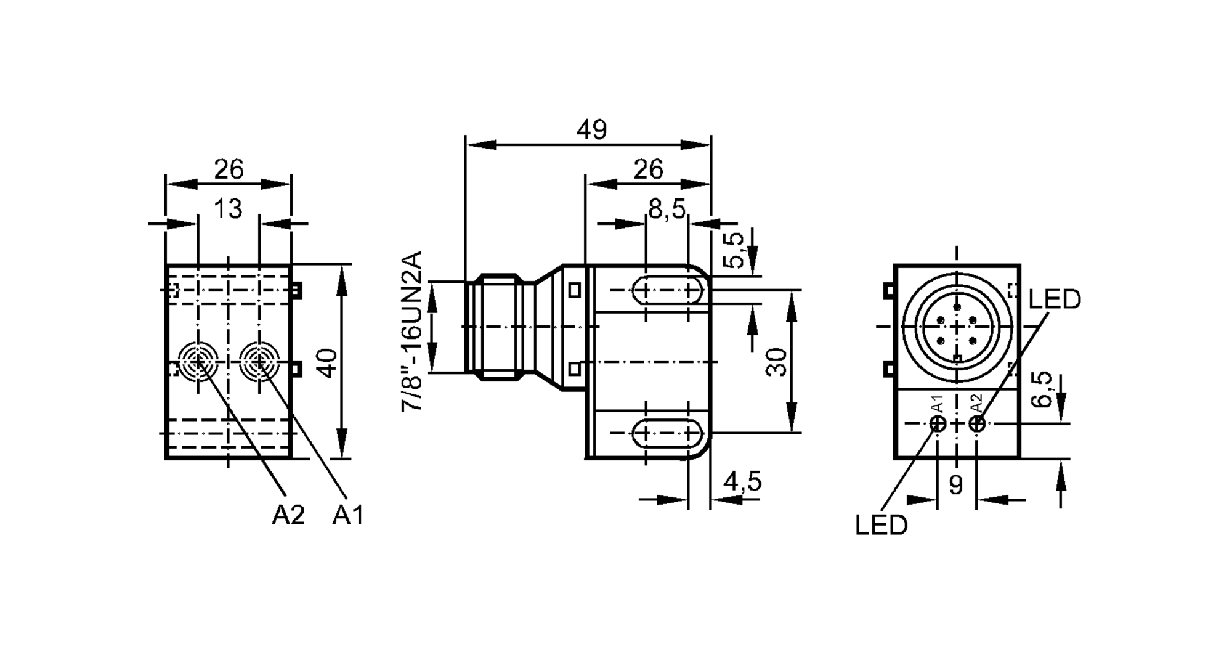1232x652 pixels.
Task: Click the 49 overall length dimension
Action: click(591, 130)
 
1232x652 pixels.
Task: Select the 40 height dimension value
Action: click(328, 363)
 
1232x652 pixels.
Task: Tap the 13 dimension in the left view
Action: click(227, 210)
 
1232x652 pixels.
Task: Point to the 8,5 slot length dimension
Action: click(667, 210)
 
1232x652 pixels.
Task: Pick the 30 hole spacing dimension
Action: click(776, 362)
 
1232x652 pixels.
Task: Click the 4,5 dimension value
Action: click(742, 481)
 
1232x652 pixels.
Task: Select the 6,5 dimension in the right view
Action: click(1041, 389)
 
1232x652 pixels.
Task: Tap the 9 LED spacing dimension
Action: click(955, 486)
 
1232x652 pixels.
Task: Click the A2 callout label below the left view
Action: click(288, 515)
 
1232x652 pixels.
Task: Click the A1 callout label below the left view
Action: click(348, 515)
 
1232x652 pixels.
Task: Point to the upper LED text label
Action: click(1055, 300)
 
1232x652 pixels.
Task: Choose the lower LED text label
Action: click(881, 525)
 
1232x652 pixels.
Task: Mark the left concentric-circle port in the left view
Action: click(197, 362)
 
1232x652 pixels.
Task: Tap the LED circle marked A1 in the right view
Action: click(938, 423)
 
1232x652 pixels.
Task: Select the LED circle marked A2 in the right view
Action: click(976, 423)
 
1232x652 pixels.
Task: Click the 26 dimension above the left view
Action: click(229, 169)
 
